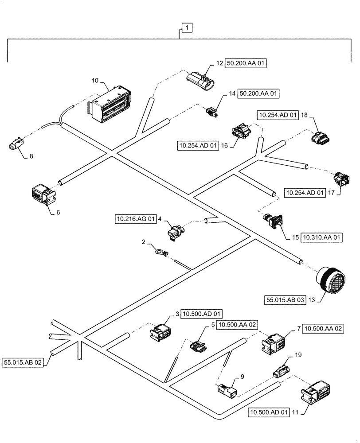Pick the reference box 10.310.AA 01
[x=322, y=237]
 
